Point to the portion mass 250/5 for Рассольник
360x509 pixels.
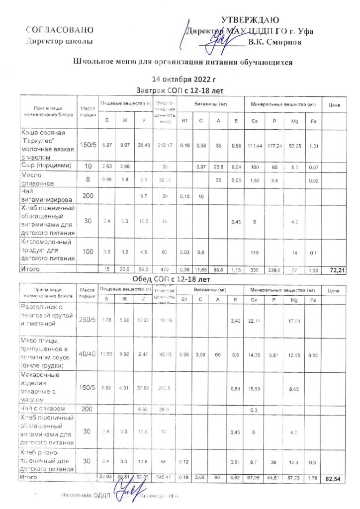coord(88,319)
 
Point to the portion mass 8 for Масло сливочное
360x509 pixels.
coord(88,178)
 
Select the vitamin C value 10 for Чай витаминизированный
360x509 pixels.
coord(201,197)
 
